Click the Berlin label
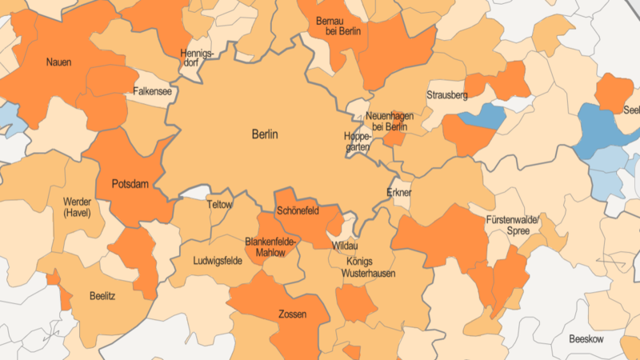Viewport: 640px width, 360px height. (x=265, y=134)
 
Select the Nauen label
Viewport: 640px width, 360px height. (x=58, y=62)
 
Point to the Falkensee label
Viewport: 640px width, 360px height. (x=152, y=92)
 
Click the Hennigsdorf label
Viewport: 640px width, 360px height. (x=198, y=58)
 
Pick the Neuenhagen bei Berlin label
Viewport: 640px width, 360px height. (x=390, y=122)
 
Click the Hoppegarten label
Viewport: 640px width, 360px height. (x=357, y=142)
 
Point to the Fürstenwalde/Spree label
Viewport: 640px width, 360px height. (x=513, y=225)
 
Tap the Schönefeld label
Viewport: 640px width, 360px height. (x=297, y=211)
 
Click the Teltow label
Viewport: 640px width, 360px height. (x=219, y=205)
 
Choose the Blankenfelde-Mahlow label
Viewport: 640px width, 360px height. (x=270, y=247)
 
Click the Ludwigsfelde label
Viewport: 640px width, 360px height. (x=218, y=261)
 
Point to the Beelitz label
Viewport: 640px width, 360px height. (x=102, y=296)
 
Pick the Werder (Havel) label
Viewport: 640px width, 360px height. (x=77, y=207)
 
